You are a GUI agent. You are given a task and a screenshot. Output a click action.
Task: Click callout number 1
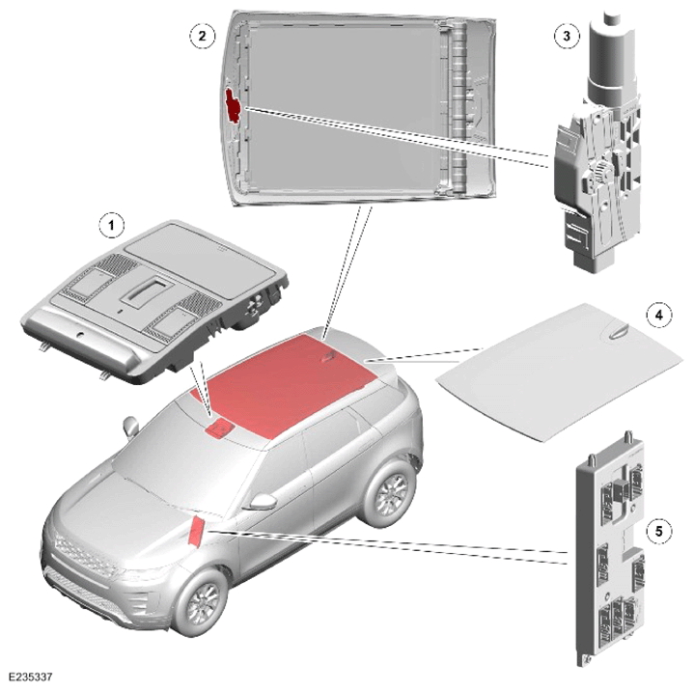111,226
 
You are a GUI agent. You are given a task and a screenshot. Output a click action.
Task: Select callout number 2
203,36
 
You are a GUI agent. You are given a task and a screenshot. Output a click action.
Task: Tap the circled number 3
567,36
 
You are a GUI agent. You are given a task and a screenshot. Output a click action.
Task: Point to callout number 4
659,316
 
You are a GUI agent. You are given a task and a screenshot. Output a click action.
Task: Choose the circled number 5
659,530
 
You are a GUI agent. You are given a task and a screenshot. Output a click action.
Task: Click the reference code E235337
31,677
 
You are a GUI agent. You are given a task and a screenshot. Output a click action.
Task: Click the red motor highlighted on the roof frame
232,105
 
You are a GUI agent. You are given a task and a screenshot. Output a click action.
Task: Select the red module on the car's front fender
196,531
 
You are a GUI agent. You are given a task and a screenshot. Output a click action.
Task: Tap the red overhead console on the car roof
218,428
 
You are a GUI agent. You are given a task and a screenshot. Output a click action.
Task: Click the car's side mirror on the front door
264,502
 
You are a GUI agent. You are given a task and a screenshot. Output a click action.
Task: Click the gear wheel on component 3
602,171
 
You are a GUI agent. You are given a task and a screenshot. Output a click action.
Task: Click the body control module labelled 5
610,548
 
